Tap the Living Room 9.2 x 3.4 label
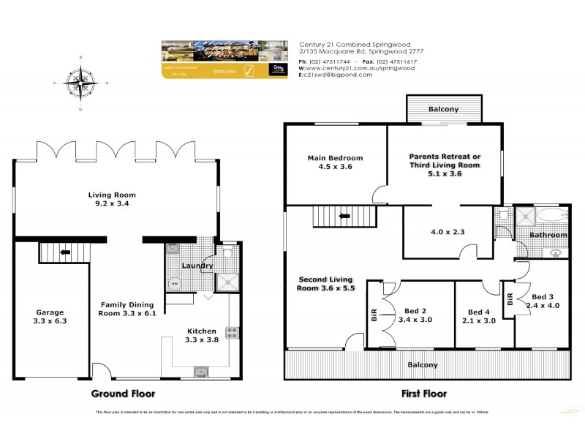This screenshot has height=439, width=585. [113, 200]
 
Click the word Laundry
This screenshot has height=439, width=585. [197, 266]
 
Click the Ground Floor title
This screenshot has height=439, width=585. [123, 393]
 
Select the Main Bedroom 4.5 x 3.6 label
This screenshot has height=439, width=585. [335, 162]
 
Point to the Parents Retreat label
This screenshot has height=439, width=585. [445, 161]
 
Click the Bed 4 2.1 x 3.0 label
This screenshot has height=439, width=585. [483, 316]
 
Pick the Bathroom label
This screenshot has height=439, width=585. [549, 235]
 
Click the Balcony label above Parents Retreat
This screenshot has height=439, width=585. [443, 110]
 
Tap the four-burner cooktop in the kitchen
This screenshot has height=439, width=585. [233, 333]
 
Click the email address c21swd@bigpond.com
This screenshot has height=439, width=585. [340, 75]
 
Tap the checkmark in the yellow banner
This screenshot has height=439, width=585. [248, 71]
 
